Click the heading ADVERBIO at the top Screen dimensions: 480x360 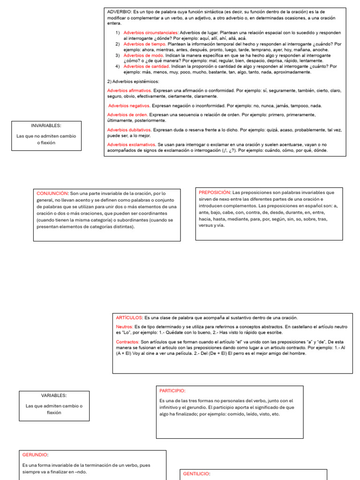point(120,12)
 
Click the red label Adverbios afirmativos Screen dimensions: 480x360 point(129,90)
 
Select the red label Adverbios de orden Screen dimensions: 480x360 point(127,115)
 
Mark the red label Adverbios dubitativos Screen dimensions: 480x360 point(129,130)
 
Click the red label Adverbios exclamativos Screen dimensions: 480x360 point(131,145)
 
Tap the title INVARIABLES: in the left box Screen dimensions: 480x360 point(46,126)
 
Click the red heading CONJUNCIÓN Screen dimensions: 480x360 point(52,193)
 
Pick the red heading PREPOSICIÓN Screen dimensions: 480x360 point(215,193)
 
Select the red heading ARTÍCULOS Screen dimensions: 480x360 point(129,318)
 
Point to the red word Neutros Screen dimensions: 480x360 point(124,326)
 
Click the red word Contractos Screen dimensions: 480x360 point(127,342)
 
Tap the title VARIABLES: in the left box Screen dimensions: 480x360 point(53,396)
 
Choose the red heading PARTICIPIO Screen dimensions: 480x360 point(172,390)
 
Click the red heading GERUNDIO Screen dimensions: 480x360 point(35,455)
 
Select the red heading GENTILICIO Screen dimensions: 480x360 point(196,474)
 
